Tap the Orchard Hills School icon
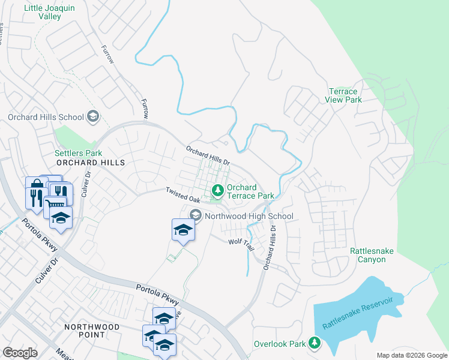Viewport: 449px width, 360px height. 92,116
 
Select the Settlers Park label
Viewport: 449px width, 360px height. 78,154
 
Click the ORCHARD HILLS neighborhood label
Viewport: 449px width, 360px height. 91,163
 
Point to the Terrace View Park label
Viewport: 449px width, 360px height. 345,95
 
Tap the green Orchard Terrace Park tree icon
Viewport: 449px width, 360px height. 217,191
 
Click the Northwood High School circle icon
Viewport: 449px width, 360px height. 196,215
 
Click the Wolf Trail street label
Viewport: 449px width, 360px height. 241,242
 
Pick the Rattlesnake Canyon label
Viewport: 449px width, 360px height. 372,255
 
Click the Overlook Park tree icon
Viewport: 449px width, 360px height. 314,343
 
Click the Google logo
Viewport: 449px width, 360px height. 20,352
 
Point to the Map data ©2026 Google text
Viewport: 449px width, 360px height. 411,355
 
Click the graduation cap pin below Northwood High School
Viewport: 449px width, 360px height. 183,230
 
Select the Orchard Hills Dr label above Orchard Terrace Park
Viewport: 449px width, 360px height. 208,156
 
